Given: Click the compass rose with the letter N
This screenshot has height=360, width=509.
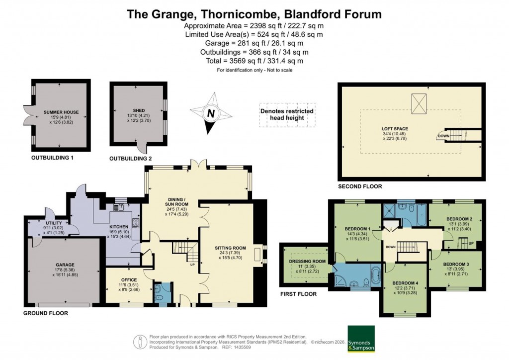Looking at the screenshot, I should pos(211,113).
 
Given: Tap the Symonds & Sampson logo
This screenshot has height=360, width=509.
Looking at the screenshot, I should pos(361,339).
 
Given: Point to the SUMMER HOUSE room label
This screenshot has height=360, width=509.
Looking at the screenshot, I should pos(61,112).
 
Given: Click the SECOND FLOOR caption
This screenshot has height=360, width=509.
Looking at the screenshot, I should pos(360,186).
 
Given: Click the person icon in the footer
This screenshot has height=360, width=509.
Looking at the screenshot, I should pos(141,342).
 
